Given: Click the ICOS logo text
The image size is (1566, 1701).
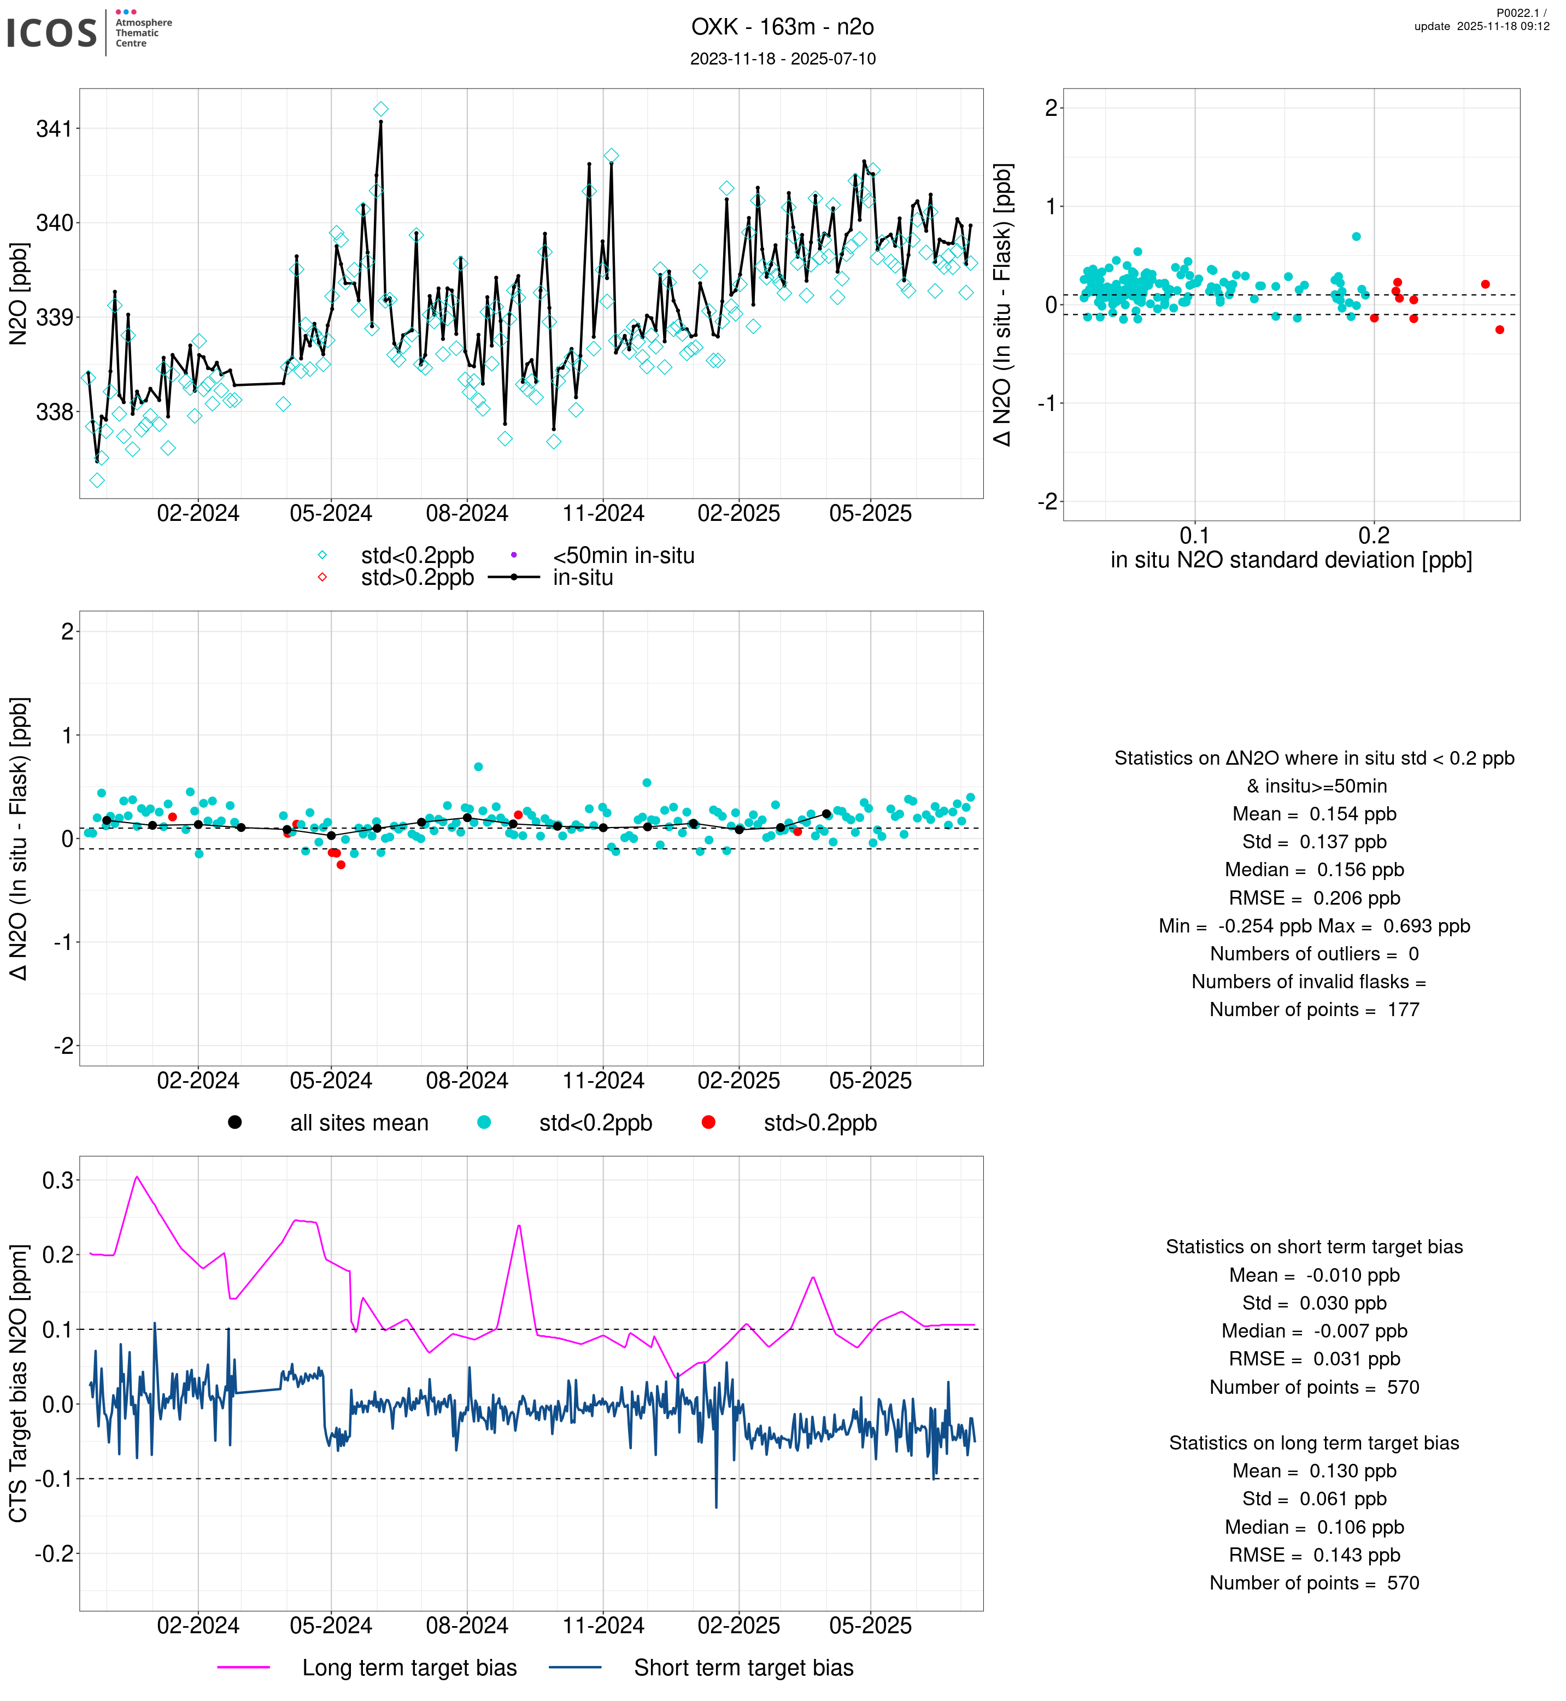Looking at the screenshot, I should click(x=52, y=33).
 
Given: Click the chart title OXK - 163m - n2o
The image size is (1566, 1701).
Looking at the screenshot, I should click(x=782, y=27).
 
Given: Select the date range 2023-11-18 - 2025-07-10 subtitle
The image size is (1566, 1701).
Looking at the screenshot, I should click(x=782, y=58).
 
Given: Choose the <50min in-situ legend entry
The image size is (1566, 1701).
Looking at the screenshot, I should click(x=623, y=556).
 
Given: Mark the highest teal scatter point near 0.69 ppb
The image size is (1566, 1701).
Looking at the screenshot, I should click(x=1357, y=237).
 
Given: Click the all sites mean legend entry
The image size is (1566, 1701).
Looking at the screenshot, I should click(x=359, y=1123).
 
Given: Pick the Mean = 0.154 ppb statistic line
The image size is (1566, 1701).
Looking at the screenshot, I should click(x=1313, y=814).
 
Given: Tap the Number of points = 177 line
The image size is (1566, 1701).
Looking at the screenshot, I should click(x=1313, y=1010).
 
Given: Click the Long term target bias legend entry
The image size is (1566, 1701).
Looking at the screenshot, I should click(x=409, y=1668).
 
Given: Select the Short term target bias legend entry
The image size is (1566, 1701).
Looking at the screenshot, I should click(x=743, y=1668).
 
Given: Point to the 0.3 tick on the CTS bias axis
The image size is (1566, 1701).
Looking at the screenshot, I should click(x=57, y=1181).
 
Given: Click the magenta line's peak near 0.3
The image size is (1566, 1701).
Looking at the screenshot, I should click(x=137, y=1177).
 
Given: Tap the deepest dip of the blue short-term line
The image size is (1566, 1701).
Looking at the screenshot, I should click(x=716, y=1507).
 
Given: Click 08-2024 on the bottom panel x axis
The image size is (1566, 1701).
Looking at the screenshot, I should click(x=467, y=1627).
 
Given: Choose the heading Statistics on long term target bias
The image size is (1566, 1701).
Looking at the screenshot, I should click(x=1313, y=1444).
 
